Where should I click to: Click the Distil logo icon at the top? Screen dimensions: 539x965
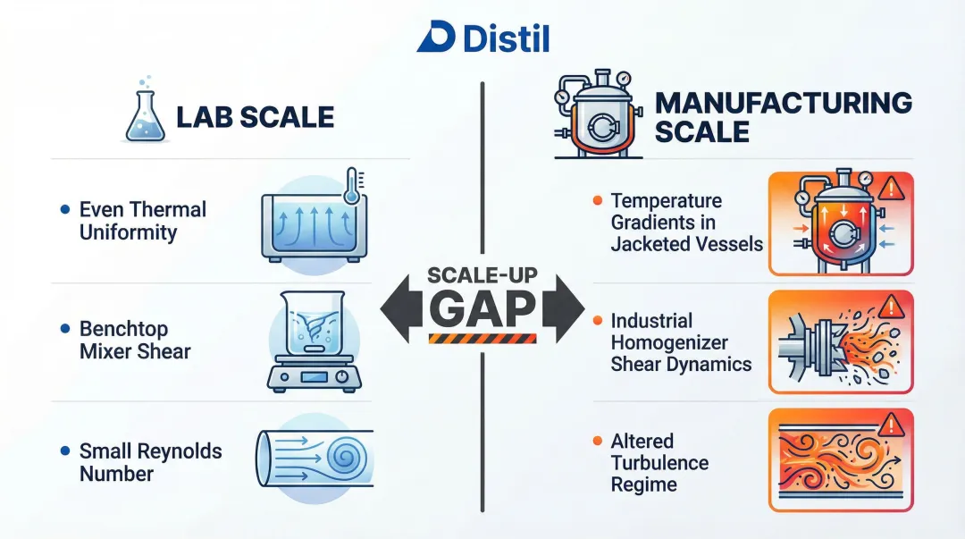click(436, 37)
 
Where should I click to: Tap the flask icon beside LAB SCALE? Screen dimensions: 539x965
click(144, 117)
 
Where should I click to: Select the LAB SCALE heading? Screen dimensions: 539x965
click(255, 117)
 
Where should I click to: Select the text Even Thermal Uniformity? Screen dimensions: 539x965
click(142, 221)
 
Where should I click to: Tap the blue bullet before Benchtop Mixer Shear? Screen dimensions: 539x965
click(64, 329)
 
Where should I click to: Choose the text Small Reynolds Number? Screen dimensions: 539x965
click(150, 462)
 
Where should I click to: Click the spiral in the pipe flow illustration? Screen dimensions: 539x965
click(345, 458)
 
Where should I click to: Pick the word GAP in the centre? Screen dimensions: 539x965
click(482, 307)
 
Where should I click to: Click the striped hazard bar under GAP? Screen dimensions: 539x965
click(482, 338)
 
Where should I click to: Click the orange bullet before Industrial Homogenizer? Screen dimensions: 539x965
click(598, 320)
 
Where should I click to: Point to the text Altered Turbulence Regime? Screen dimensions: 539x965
click(659, 463)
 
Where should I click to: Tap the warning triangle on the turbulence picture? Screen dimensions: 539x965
click(892, 423)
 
